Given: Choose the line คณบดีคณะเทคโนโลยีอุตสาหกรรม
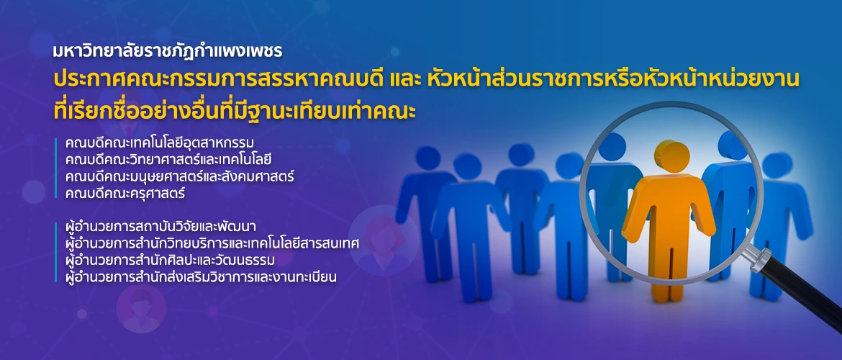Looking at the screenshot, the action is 159,143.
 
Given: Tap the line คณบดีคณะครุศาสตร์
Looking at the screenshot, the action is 125,193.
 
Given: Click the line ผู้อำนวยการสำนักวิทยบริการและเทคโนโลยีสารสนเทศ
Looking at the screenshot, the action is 212,243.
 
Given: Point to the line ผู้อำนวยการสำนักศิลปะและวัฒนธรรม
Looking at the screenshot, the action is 171,260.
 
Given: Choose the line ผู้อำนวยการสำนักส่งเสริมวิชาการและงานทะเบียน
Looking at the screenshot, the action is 200,277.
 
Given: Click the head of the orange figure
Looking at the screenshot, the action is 671,156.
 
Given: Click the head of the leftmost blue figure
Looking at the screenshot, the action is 428,158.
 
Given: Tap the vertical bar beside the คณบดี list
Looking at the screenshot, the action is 55,168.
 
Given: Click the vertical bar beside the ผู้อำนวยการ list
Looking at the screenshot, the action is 55,252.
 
